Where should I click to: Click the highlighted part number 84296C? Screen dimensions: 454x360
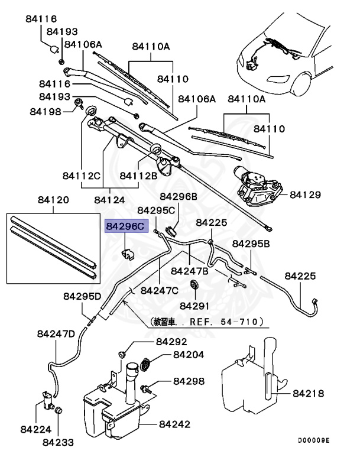click(x=124, y=226)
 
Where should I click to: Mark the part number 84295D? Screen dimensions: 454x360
click(x=82, y=296)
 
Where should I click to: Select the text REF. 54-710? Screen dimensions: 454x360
click(x=226, y=323)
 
